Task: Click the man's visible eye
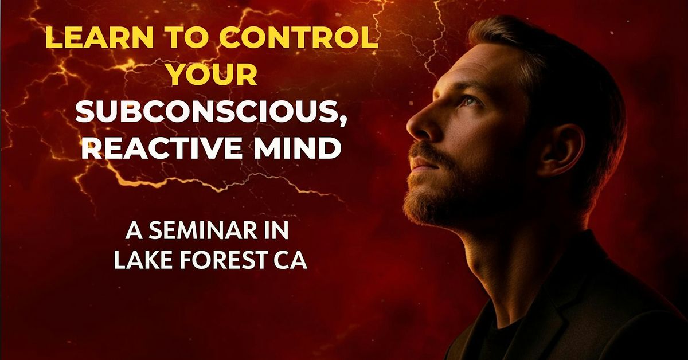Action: [469, 101]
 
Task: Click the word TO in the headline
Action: [185, 40]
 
